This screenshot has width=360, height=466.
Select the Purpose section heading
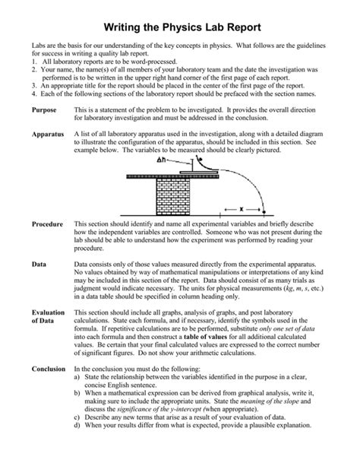click(46, 111)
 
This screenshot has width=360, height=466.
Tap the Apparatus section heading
click(49, 134)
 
